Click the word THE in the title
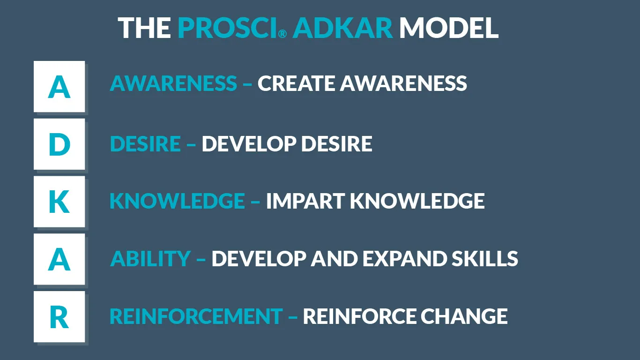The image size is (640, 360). [144, 28]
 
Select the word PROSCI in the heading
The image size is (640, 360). [227, 28]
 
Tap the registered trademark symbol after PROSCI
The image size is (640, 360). [283, 34]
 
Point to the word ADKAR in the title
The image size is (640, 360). [342, 28]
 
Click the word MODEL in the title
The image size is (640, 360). [448, 28]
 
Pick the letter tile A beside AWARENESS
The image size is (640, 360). [59, 86]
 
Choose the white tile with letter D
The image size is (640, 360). [59, 144]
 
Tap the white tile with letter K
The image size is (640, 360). [59, 202]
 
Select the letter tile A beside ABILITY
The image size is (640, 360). [59, 259]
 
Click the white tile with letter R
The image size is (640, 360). [59, 316]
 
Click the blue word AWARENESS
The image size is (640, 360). [173, 83]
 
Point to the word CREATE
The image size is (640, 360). [296, 83]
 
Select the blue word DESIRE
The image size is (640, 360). [145, 143]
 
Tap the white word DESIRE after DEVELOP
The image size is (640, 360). [337, 143]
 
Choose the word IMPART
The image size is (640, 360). [305, 201]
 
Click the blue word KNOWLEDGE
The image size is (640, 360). [178, 201]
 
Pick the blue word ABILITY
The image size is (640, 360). [150, 258]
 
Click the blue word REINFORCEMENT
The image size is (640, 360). [196, 316]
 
